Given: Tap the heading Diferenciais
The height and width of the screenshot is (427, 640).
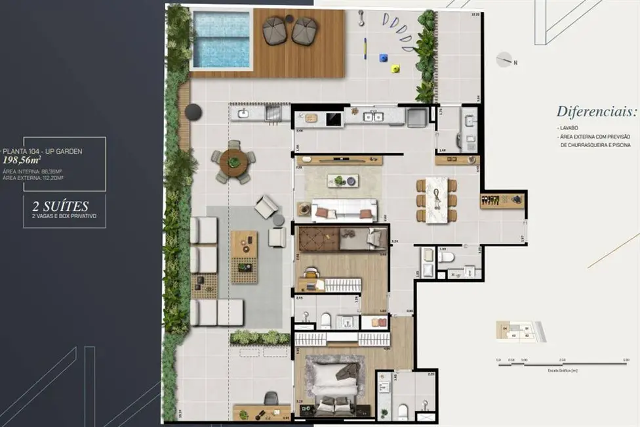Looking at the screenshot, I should click(x=596, y=111).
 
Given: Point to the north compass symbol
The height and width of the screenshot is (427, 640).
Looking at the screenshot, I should click(x=505, y=60).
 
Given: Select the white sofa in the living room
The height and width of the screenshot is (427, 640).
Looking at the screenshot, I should click(x=344, y=210).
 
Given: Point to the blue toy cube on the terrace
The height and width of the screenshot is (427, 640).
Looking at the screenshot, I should click(x=384, y=58).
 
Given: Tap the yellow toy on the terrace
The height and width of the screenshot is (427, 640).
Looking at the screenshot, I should click(x=395, y=68).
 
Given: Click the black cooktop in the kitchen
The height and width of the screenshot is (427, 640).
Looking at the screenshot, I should click(x=334, y=119).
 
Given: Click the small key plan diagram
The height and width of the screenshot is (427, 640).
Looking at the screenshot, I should click(x=520, y=332).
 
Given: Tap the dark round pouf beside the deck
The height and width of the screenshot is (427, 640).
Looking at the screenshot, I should click(x=193, y=112).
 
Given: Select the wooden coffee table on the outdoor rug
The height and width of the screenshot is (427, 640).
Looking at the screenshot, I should click(x=244, y=244).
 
